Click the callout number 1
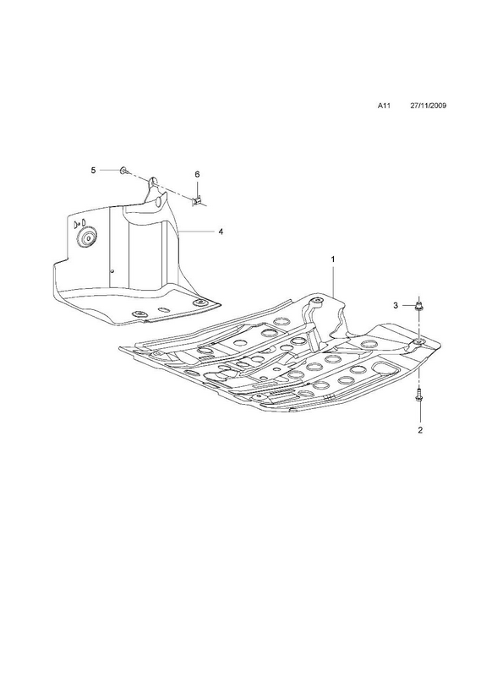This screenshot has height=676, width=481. [333, 259]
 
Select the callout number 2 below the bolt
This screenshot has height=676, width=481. [420, 429]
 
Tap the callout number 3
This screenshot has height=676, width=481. [395, 306]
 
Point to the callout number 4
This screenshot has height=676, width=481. [221, 232]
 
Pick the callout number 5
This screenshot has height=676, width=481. [93, 171]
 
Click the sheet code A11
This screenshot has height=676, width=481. [384, 106]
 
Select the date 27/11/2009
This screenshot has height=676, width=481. [428, 106]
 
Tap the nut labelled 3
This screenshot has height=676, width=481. [418, 307]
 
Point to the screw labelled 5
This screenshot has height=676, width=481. [124, 172]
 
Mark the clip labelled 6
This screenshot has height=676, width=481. [198, 201]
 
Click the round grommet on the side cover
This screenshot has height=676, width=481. [89, 238]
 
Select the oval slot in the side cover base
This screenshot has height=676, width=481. [165, 309]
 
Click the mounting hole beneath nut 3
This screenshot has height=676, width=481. [418, 342]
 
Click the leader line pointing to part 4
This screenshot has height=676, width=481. [196, 232]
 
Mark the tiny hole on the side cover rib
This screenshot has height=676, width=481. [112, 271]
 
